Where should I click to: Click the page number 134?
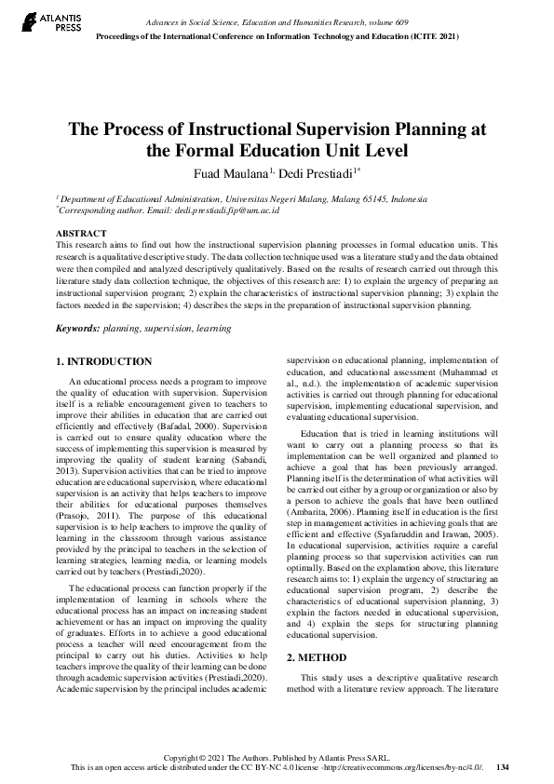tap(503, 767)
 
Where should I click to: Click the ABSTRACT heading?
tap(81, 232)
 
